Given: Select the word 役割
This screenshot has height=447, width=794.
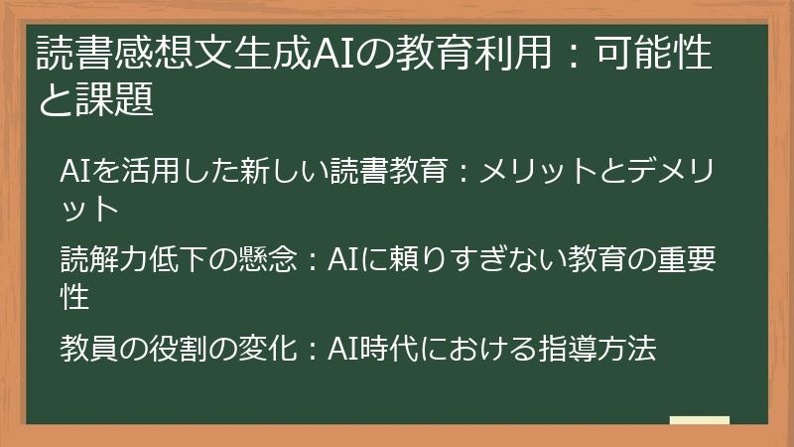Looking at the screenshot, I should click(x=158, y=349).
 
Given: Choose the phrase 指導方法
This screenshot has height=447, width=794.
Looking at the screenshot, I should click(x=607, y=349).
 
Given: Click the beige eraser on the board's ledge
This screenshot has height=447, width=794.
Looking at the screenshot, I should click(x=699, y=421).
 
